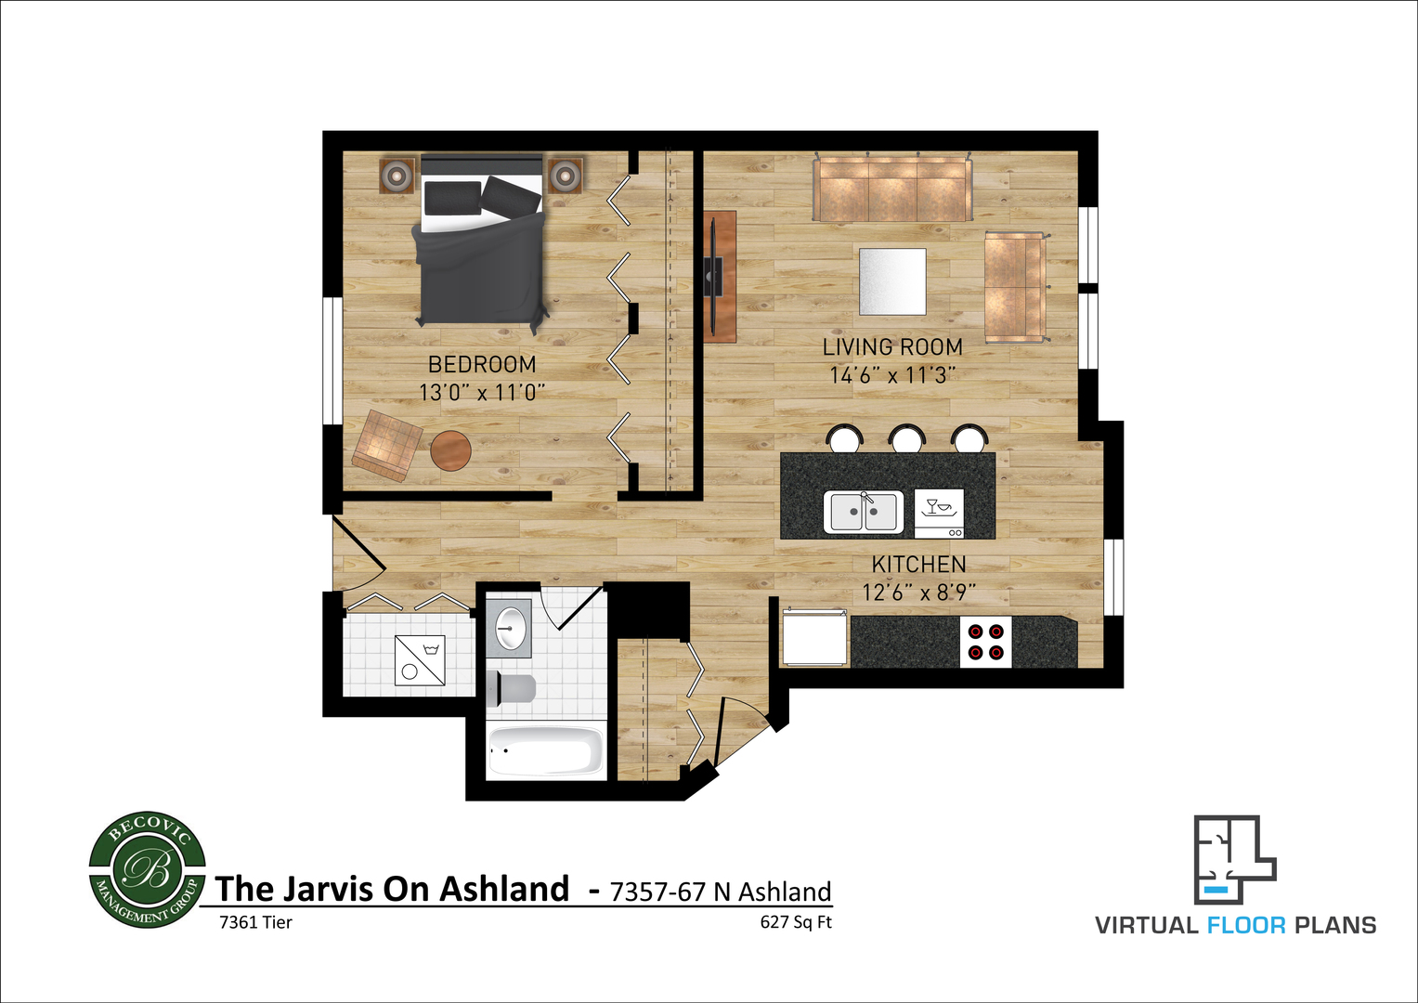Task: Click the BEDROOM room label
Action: [x=482, y=365]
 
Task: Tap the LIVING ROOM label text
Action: [x=892, y=347]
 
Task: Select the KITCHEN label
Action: [x=918, y=565]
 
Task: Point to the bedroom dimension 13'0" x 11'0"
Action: [x=482, y=393]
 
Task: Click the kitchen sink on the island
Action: [x=864, y=512]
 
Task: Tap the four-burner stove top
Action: [x=985, y=642]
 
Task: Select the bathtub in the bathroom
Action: [x=546, y=751]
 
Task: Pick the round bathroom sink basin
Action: [x=510, y=628]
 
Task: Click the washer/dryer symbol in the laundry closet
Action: [x=420, y=660]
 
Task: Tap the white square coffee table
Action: [x=892, y=281]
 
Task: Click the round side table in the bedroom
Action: [x=450, y=450]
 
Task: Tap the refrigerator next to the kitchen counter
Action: [x=814, y=638]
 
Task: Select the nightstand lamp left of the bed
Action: [x=397, y=176]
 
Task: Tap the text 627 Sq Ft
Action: [x=796, y=922]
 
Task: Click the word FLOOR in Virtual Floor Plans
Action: [x=1246, y=926]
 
